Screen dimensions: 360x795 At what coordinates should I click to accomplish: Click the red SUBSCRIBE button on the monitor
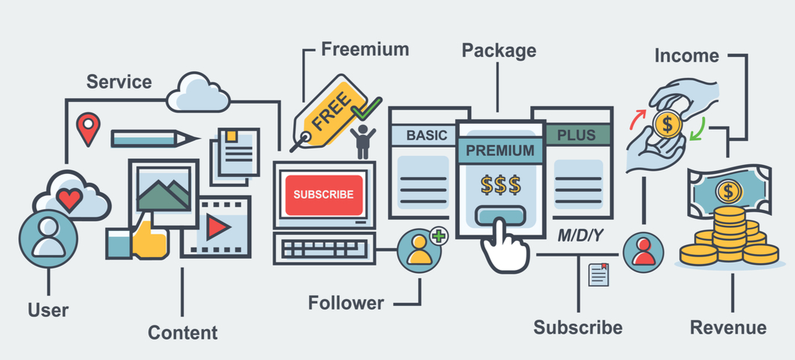point(323,194)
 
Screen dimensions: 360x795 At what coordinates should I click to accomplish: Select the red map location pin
point(88,128)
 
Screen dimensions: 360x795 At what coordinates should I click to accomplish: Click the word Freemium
point(364,49)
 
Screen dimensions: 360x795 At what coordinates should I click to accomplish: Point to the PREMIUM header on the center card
point(500,150)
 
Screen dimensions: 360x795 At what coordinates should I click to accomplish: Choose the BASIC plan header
point(426,136)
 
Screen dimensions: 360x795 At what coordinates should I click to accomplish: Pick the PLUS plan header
point(576,136)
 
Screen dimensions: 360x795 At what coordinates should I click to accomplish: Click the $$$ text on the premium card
point(499,184)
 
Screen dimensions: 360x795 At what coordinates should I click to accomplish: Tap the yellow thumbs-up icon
point(149,239)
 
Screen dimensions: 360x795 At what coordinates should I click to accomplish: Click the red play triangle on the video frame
point(217,226)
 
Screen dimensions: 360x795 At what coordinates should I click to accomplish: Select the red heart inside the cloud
point(69,199)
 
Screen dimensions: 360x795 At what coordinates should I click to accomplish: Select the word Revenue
point(727,328)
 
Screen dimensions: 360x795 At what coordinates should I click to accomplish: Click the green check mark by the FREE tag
point(367,109)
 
